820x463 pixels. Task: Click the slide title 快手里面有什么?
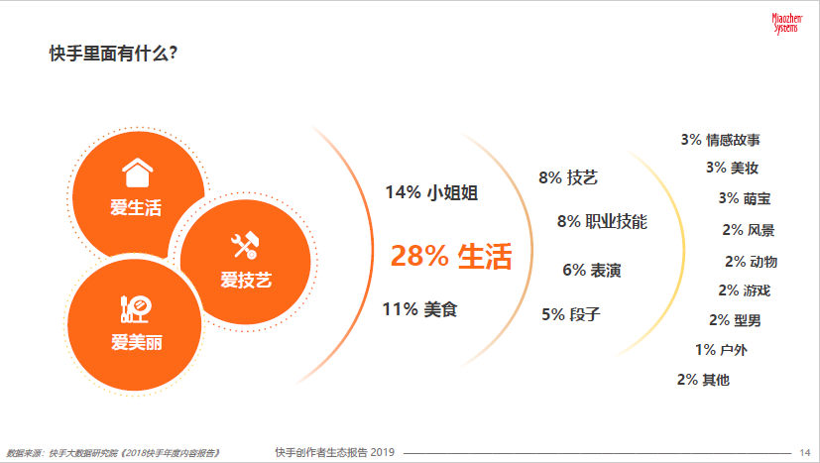tap(113, 54)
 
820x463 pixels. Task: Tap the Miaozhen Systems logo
tap(786, 24)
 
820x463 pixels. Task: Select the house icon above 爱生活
tap(137, 173)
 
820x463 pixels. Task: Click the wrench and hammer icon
tap(244, 245)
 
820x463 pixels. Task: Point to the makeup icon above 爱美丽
tap(136, 309)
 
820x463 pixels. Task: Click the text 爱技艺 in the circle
tap(246, 280)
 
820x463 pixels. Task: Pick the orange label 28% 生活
tap(451, 257)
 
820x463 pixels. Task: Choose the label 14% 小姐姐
tap(431, 192)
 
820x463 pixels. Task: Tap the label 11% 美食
tap(420, 309)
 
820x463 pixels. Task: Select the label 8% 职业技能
tap(602, 221)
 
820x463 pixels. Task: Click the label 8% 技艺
tap(568, 177)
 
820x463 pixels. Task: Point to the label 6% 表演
tap(592, 270)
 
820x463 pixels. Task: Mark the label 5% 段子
tap(570, 314)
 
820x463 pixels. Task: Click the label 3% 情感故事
tap(720, 140)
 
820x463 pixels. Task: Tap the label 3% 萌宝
tap(745, 198)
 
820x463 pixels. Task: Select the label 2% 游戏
tap(745, 290)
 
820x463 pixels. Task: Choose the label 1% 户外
tap(721, 349)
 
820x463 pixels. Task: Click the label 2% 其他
tap(703, 380)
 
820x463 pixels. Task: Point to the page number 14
tap(805, 452)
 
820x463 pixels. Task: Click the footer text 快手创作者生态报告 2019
tap(335, 452)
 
